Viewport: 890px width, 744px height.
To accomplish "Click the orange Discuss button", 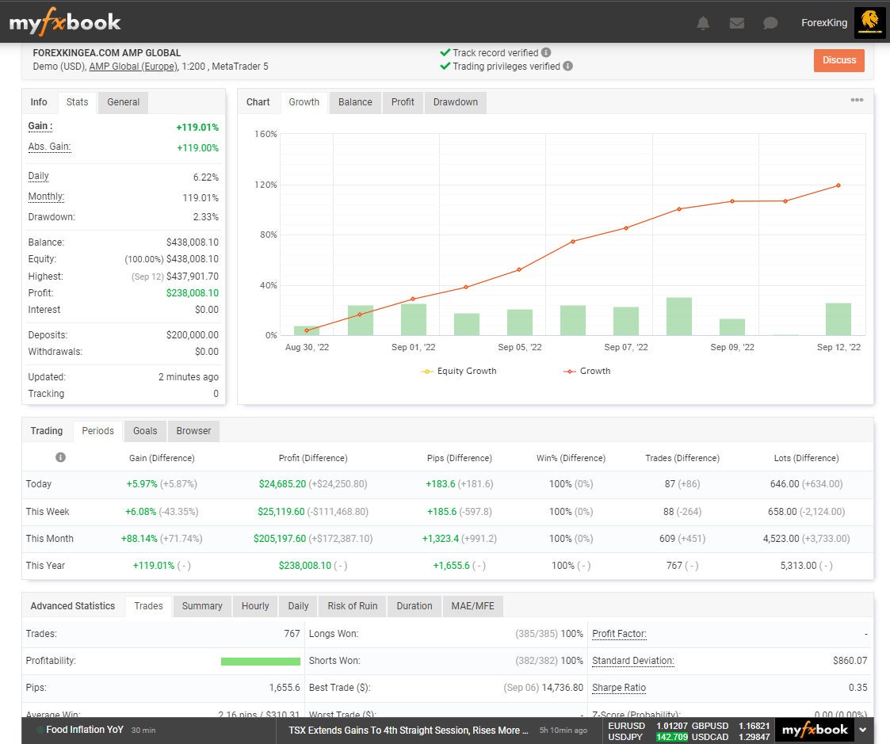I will click(838, 60).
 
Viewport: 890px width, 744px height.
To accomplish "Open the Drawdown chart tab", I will click(455, 102).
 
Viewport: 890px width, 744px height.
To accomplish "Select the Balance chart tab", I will click(355, 102).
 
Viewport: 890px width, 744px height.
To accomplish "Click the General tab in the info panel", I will click(123, 102).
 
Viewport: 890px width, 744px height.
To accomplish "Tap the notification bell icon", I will click(703, 23).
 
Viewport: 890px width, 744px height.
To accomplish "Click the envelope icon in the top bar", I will click(736, 23).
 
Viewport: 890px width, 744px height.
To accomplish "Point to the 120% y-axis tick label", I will click(266, 185).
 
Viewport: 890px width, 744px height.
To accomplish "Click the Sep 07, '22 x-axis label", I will click(625, 347).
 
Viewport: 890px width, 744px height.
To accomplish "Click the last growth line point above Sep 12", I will click(838, 185).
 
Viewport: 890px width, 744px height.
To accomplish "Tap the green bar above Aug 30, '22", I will click(307, 330).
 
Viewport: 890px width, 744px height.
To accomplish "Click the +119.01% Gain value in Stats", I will click(197, 128).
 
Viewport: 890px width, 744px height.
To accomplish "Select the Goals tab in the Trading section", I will click(145, 431).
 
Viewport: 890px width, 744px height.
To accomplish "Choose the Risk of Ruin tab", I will click(352, 606).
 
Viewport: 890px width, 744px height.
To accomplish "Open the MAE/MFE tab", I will click(472, 606).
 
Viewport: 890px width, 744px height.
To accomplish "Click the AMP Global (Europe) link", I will click(133, 67).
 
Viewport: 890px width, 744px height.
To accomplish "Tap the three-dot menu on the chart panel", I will click(857, 101).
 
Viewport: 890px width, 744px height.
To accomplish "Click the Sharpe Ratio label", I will click(619, 688).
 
